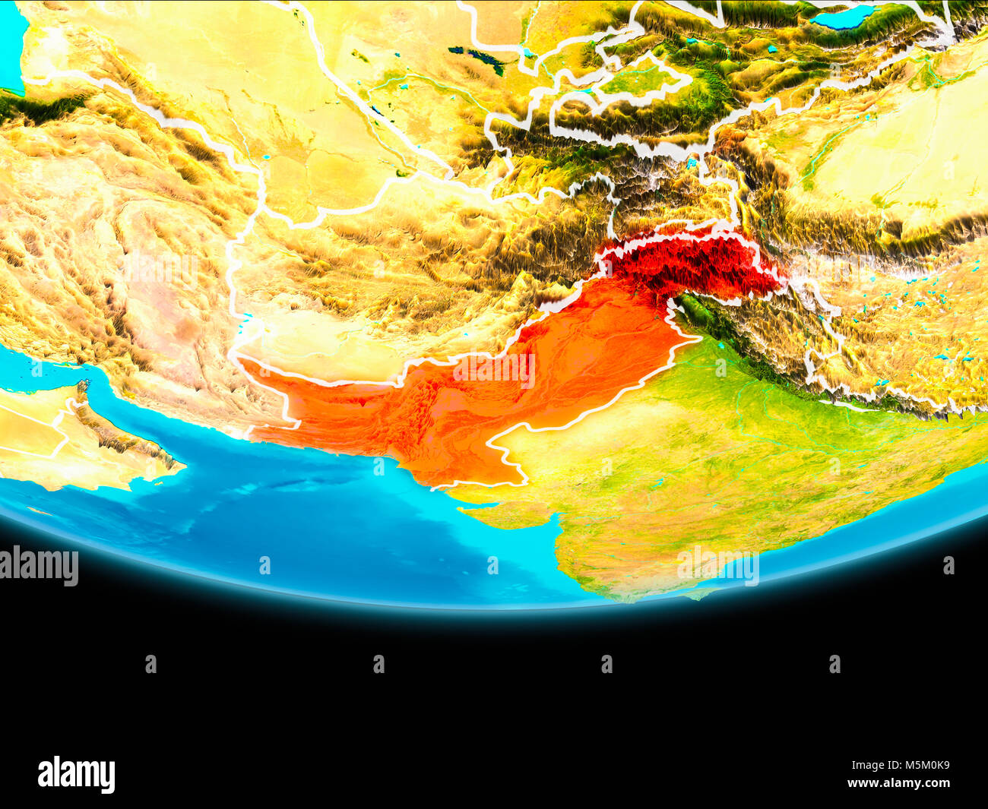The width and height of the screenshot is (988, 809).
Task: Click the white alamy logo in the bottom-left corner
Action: (x=76, y=774)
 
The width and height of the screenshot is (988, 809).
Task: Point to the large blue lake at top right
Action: (x=844, y=16)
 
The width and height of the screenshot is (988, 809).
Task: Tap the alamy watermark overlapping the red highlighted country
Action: (x=493, y=371)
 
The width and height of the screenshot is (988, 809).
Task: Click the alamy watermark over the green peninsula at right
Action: (x=717, y=567)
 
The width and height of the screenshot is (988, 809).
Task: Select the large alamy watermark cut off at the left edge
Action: (x=38, y=567)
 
